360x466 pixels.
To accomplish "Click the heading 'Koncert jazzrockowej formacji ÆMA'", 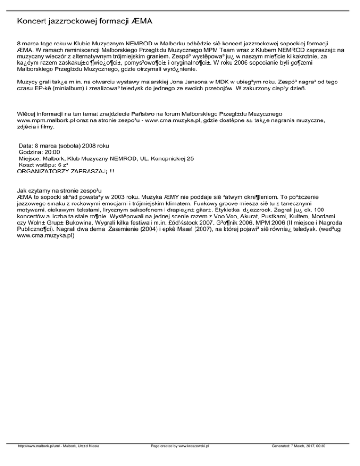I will pyautogui.click(x=84, y=22).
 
